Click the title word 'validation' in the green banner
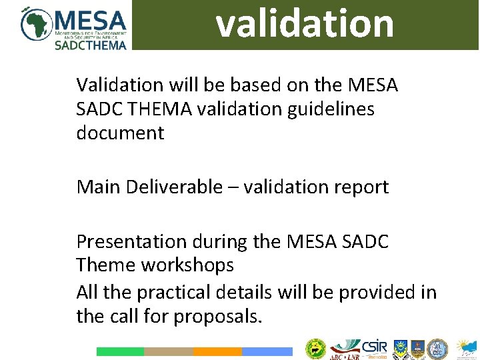305,23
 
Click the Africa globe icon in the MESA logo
36,24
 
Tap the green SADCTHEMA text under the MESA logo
90,45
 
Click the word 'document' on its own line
120,133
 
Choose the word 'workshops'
187,265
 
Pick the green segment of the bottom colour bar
120,351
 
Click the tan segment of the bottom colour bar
169,351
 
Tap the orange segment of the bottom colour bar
217,351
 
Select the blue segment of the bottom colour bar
267,351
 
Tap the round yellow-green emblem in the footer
315,349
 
